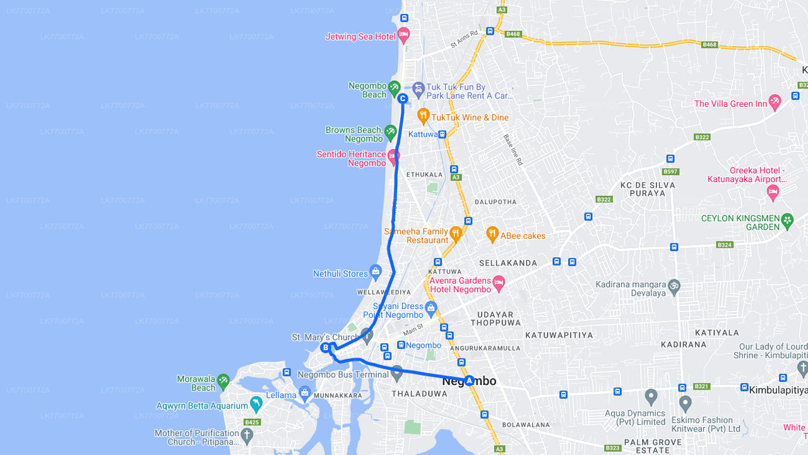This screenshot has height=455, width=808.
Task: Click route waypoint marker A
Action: tap(469, 380)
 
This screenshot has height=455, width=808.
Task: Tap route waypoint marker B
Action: tap(326, 348)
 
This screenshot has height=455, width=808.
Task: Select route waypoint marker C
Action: tap(402, 98)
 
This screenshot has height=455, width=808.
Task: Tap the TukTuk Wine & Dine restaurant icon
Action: tap(423, 116)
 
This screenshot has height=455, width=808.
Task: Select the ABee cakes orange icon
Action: tap(492, 234)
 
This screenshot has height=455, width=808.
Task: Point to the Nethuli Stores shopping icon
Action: tap(376, 272)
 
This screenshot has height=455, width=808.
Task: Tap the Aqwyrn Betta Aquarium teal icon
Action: tap(256, 404)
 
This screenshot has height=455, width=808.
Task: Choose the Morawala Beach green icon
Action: tap(223, 380)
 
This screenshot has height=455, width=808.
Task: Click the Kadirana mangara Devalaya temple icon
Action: tap(674, 286)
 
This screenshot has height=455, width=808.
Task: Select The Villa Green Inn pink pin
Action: tap(775, 101)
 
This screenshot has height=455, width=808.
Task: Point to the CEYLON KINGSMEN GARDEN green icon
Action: tap(787, 220)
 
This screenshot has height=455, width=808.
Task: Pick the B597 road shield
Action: tap(670, 171)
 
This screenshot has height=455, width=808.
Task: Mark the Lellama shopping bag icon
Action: tap(305, 394)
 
